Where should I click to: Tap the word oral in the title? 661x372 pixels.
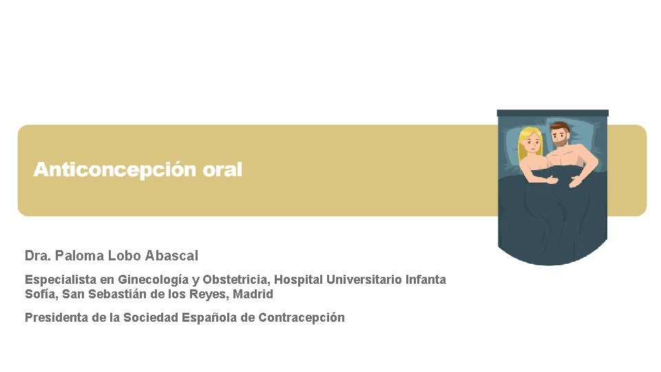click(x=222, y=169)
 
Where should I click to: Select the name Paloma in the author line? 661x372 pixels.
click(x=81, y=256)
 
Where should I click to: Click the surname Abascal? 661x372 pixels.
click(x=171, y=256)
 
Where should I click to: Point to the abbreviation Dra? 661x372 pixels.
click(x=38, y=256)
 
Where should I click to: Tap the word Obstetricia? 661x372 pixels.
click(x=235, y=280)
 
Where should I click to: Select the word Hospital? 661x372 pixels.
click(x=299, y=280)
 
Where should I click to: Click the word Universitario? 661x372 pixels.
click(x=365, y=280)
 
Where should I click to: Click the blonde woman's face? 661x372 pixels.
click(x=532, y=144)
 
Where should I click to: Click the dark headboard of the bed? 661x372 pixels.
click(x=553, y=113)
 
